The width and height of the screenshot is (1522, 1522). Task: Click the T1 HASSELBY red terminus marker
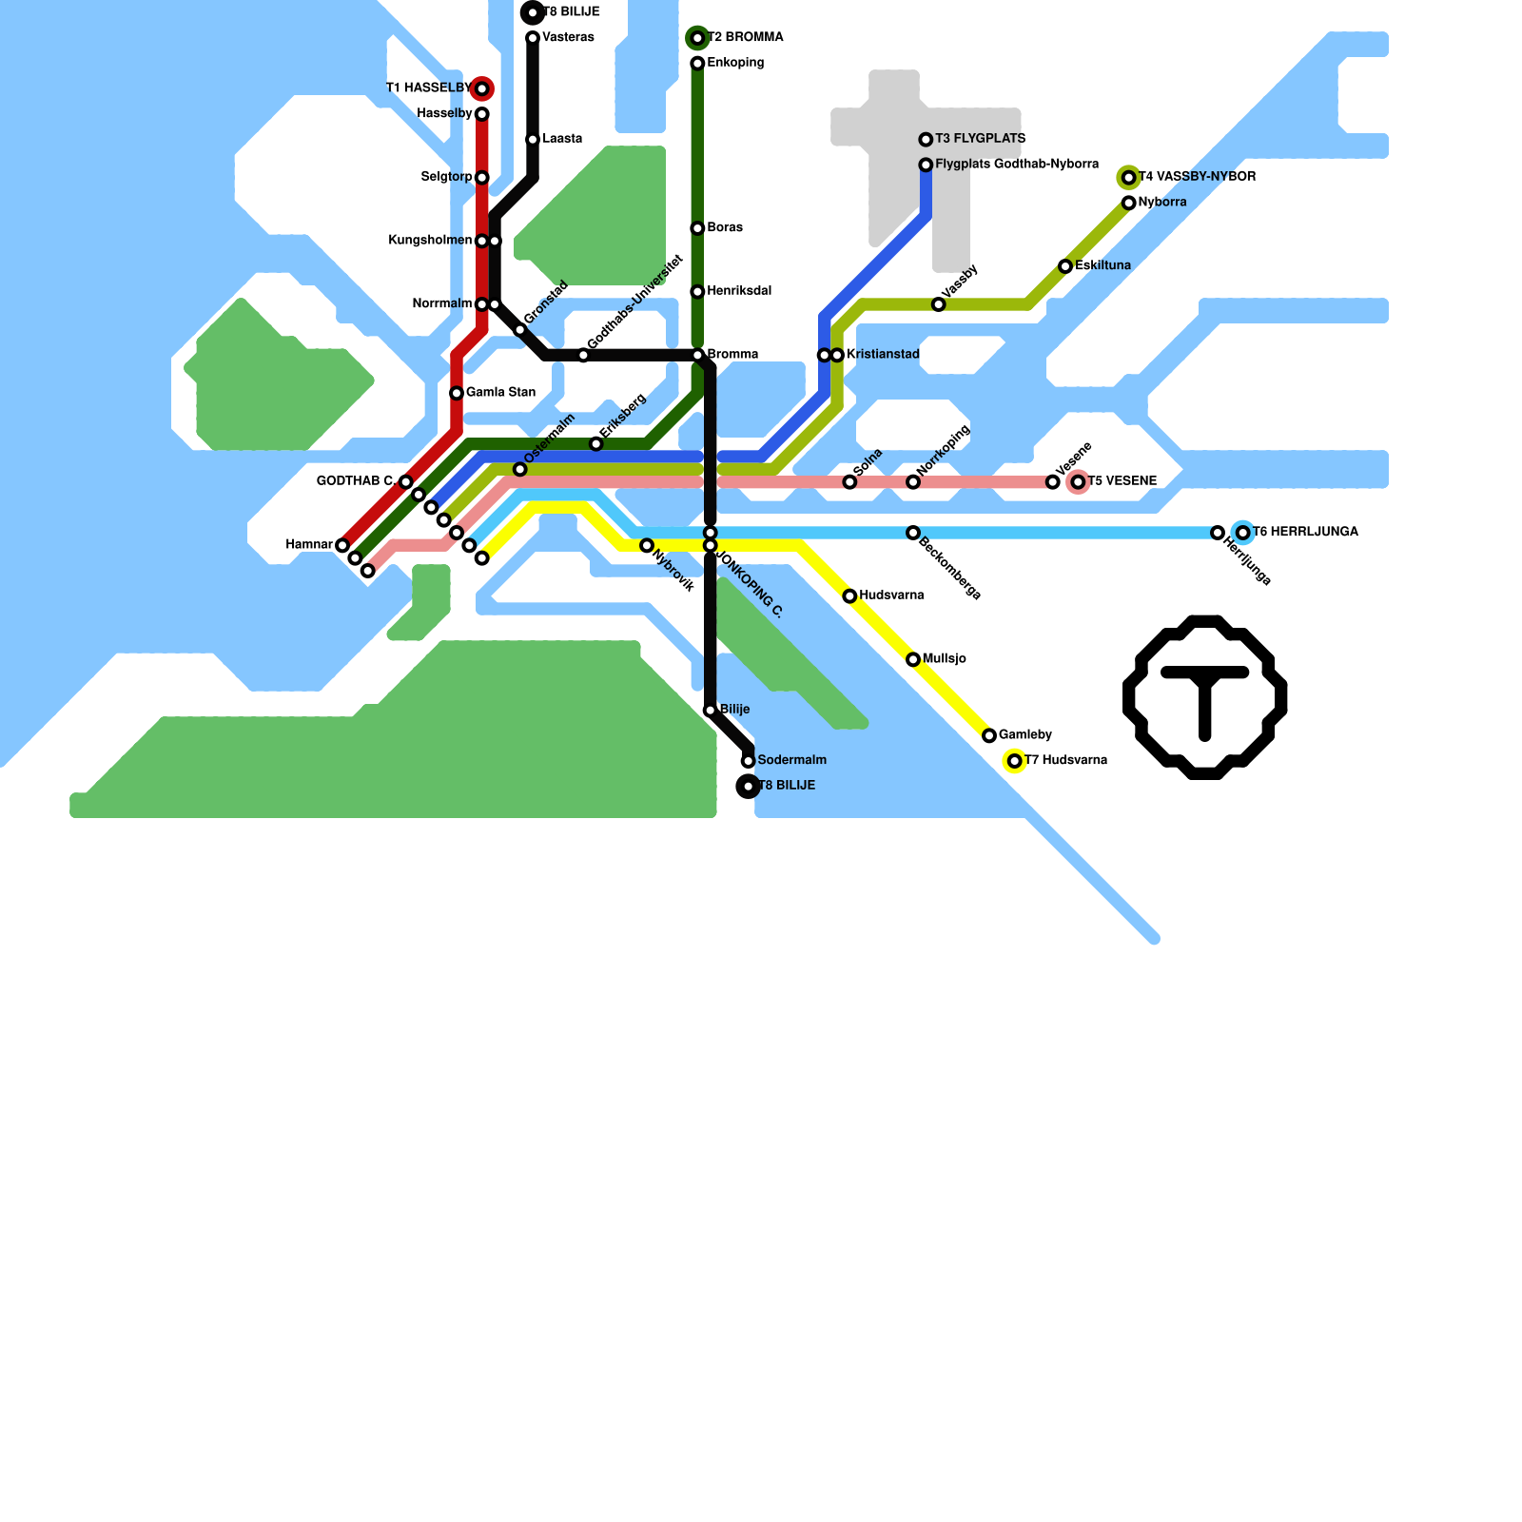click(x=482, y=89)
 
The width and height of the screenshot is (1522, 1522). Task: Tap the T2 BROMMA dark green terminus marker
click(x=697, y=38)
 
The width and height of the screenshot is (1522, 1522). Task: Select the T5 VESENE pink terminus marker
click(x=1078, y=482)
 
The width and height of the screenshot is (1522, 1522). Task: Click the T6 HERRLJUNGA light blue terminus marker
click(x=1243, y=533)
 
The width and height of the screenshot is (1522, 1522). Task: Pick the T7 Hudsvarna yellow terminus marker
click(x=1015, y=761)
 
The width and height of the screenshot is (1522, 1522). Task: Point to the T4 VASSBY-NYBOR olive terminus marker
click(x=1129, y=178)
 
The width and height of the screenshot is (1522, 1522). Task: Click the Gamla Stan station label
click(x=500, y=393)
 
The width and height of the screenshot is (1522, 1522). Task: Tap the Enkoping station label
click(x=735, y=64)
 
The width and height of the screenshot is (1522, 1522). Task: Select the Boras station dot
click(x=697, y=228)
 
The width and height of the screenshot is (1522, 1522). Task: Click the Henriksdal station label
click(x=739, y=291)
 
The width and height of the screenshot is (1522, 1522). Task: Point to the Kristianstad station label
click(x=883, y=355)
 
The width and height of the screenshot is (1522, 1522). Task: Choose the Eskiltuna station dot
click(x=1065, y=266)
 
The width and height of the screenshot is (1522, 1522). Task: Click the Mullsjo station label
click(x=945, y=659)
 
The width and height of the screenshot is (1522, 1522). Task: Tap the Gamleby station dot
click(x=989, y=735)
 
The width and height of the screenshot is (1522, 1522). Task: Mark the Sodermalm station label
click(x=791, y=761)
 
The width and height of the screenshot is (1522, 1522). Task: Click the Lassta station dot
click(x=533, y=140)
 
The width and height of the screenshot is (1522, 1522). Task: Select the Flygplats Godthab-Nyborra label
click(x=1017, y=165)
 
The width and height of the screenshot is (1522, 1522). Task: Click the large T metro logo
click(x=1205, y=697)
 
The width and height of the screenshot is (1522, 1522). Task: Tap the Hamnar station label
click(x=309, y=545)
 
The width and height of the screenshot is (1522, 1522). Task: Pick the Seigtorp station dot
click(x=482, y=178)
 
